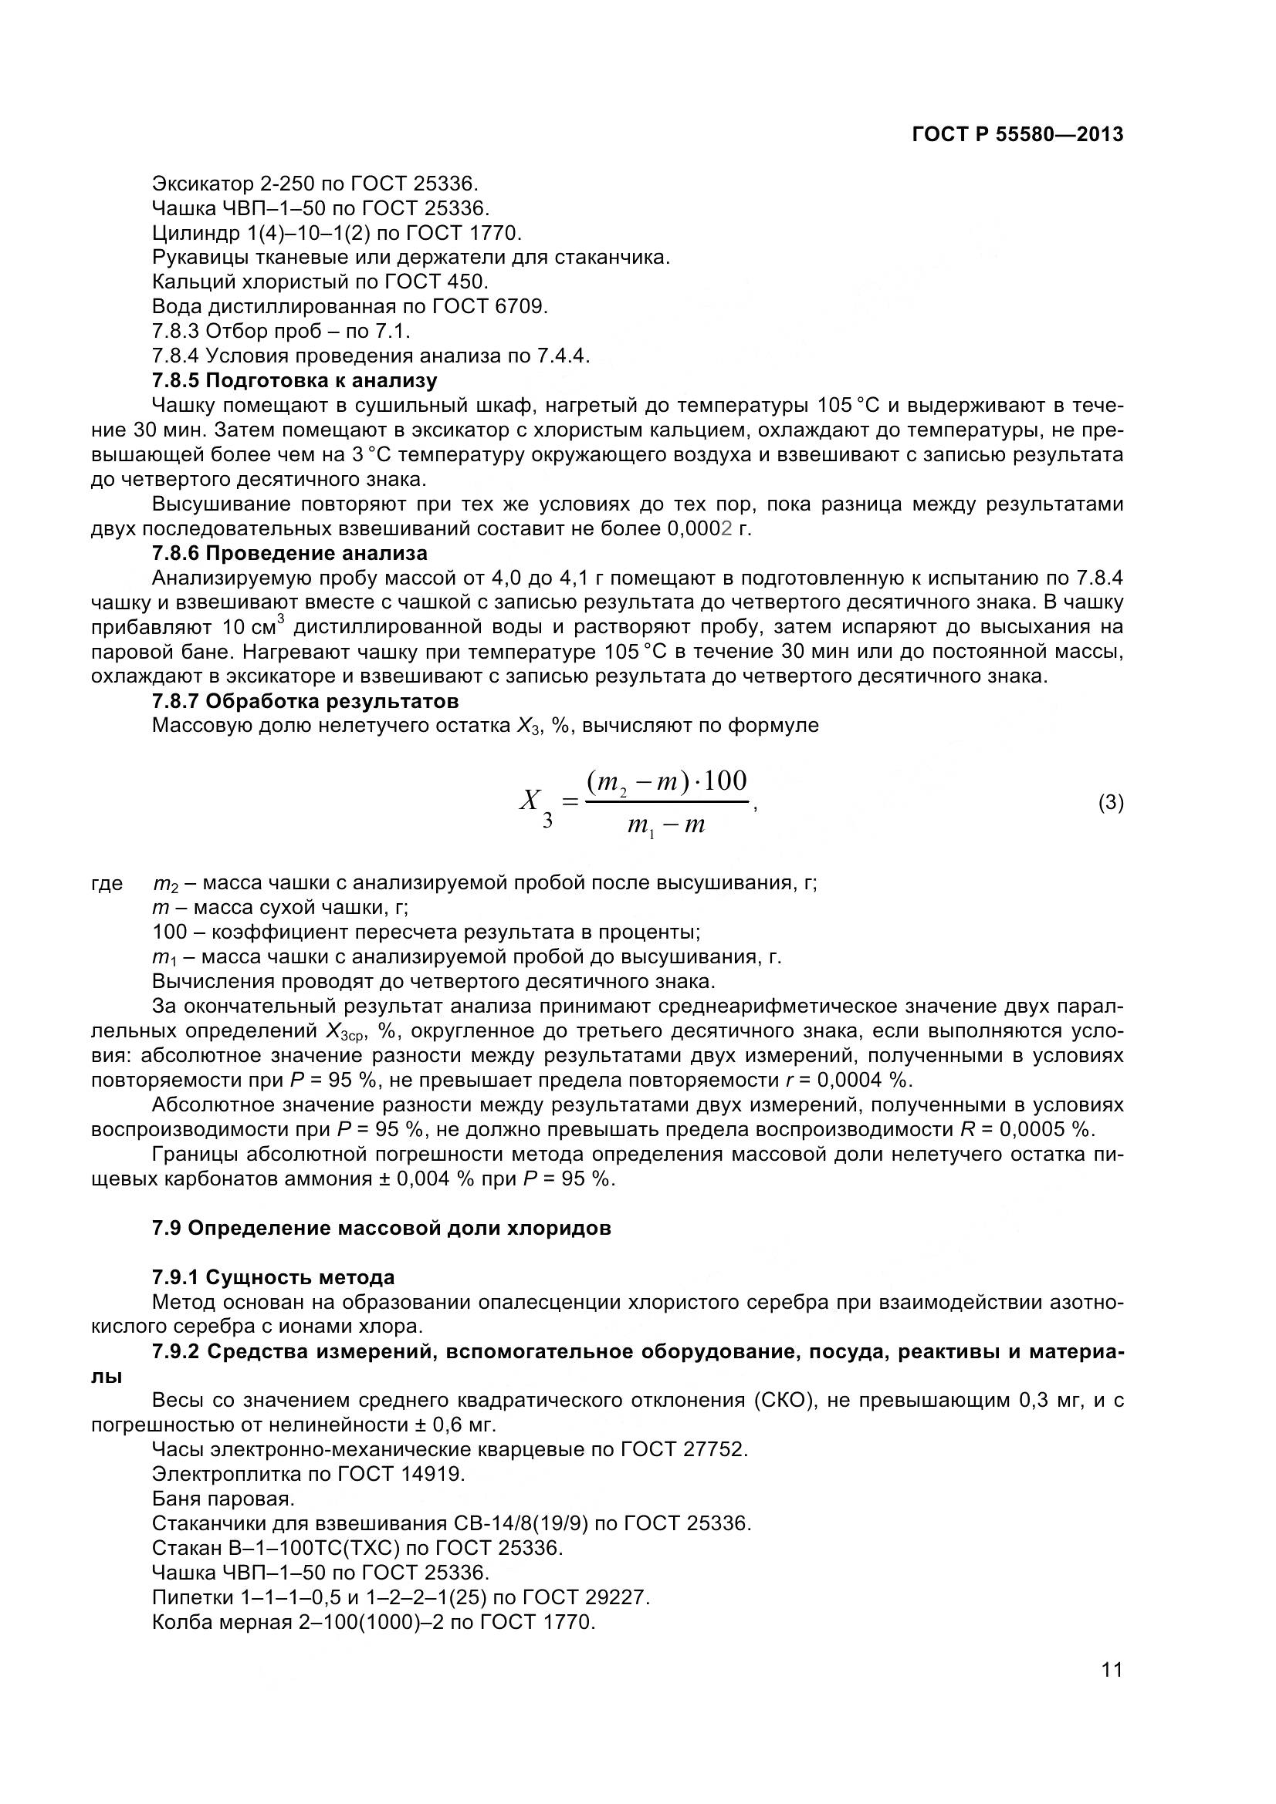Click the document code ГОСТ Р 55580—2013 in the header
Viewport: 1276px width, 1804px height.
point(1017,135)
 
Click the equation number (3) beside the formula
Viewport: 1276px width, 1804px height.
point(1110,802)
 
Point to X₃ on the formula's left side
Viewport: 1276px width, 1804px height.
point(535,804)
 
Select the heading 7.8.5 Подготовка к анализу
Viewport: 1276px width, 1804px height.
point(294,381)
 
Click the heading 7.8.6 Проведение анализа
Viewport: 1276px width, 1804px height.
point(289,553)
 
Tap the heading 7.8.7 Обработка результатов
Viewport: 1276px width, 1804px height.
point(305,700)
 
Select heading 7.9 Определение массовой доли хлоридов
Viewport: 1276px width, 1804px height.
point(381,1228)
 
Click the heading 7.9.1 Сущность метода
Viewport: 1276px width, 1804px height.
point(272,1276)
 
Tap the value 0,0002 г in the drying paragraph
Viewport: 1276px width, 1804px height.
point(709,529)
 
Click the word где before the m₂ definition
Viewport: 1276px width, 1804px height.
point(107,883)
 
